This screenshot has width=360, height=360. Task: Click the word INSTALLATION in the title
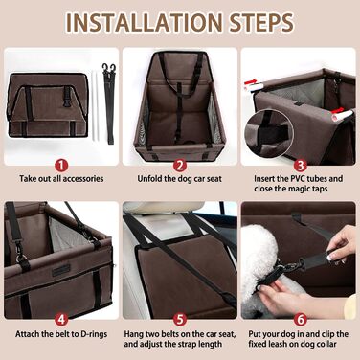144,22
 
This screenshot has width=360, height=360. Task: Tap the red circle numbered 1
61,166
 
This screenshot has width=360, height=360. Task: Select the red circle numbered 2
180,166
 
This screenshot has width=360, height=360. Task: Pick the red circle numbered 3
300,166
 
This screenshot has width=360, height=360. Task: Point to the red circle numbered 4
61,320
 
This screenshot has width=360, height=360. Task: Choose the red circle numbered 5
180,320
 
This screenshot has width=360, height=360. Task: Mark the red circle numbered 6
300,320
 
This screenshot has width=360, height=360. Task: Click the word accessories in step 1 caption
83,179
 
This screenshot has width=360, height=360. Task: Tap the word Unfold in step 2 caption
149,179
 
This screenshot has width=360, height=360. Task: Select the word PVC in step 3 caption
293,179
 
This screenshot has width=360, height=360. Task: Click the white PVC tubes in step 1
96,106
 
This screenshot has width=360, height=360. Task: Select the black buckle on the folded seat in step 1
66,101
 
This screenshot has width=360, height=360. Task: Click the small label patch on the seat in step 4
61,271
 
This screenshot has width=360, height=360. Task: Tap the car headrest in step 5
164,208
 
